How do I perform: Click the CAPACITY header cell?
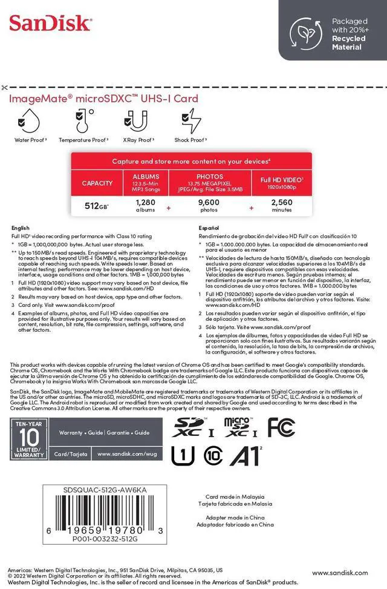(97, 183)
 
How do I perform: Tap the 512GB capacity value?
(97, 206)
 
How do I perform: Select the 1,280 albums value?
(146, 206)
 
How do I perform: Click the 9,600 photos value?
(209, 206)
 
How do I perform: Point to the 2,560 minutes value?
(282, 206)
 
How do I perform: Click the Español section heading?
(210, 228)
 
